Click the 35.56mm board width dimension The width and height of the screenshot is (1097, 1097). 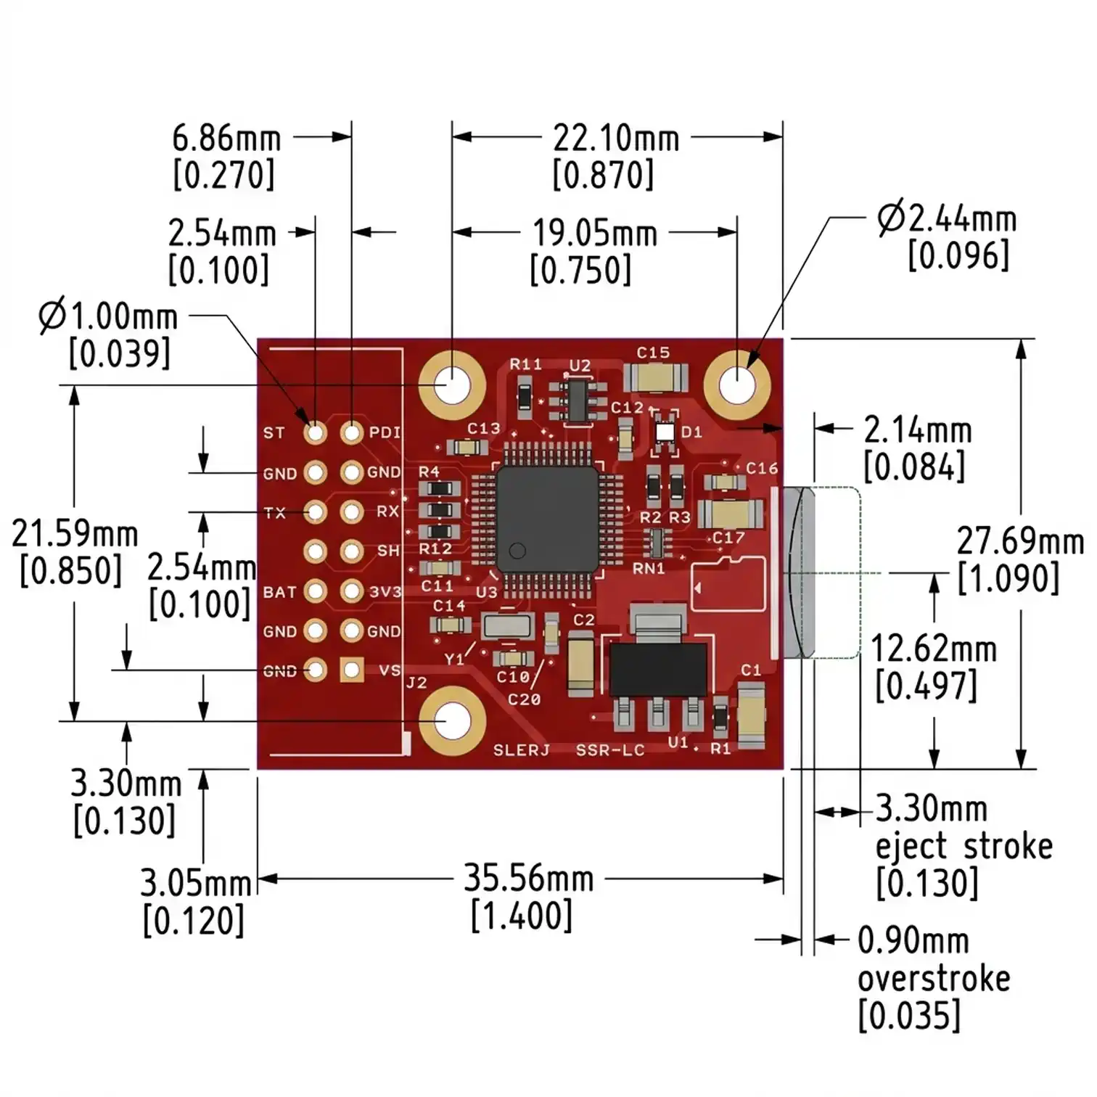[x=528, y=879]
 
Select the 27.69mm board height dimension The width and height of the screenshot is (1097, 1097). [x=1019, y=542]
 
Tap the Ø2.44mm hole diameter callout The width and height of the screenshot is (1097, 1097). [x=947, y=219]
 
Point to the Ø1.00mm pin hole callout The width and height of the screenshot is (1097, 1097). [x=108, y=317]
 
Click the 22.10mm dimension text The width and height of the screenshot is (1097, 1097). [x=616, y=138]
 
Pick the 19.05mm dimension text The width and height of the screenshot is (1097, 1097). [x=594, y=234]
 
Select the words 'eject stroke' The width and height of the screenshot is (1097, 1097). [x=964, y=847]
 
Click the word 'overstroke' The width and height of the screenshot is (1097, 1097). [x=934, y=979]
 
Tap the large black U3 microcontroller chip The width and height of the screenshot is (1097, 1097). [x=548, y=518]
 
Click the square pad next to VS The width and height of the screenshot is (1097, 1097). [x=353, y=670]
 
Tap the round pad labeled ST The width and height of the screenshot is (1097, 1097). [x=315, y=433]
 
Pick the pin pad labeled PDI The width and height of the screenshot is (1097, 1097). [x=352, y=433]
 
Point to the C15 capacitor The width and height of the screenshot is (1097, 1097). [x=655, y=377]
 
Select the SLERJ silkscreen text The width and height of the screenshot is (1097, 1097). [x=521, y=750]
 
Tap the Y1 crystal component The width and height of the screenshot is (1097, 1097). [x=508, y=625]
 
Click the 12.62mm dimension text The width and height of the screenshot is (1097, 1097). [x=933, y=649]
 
